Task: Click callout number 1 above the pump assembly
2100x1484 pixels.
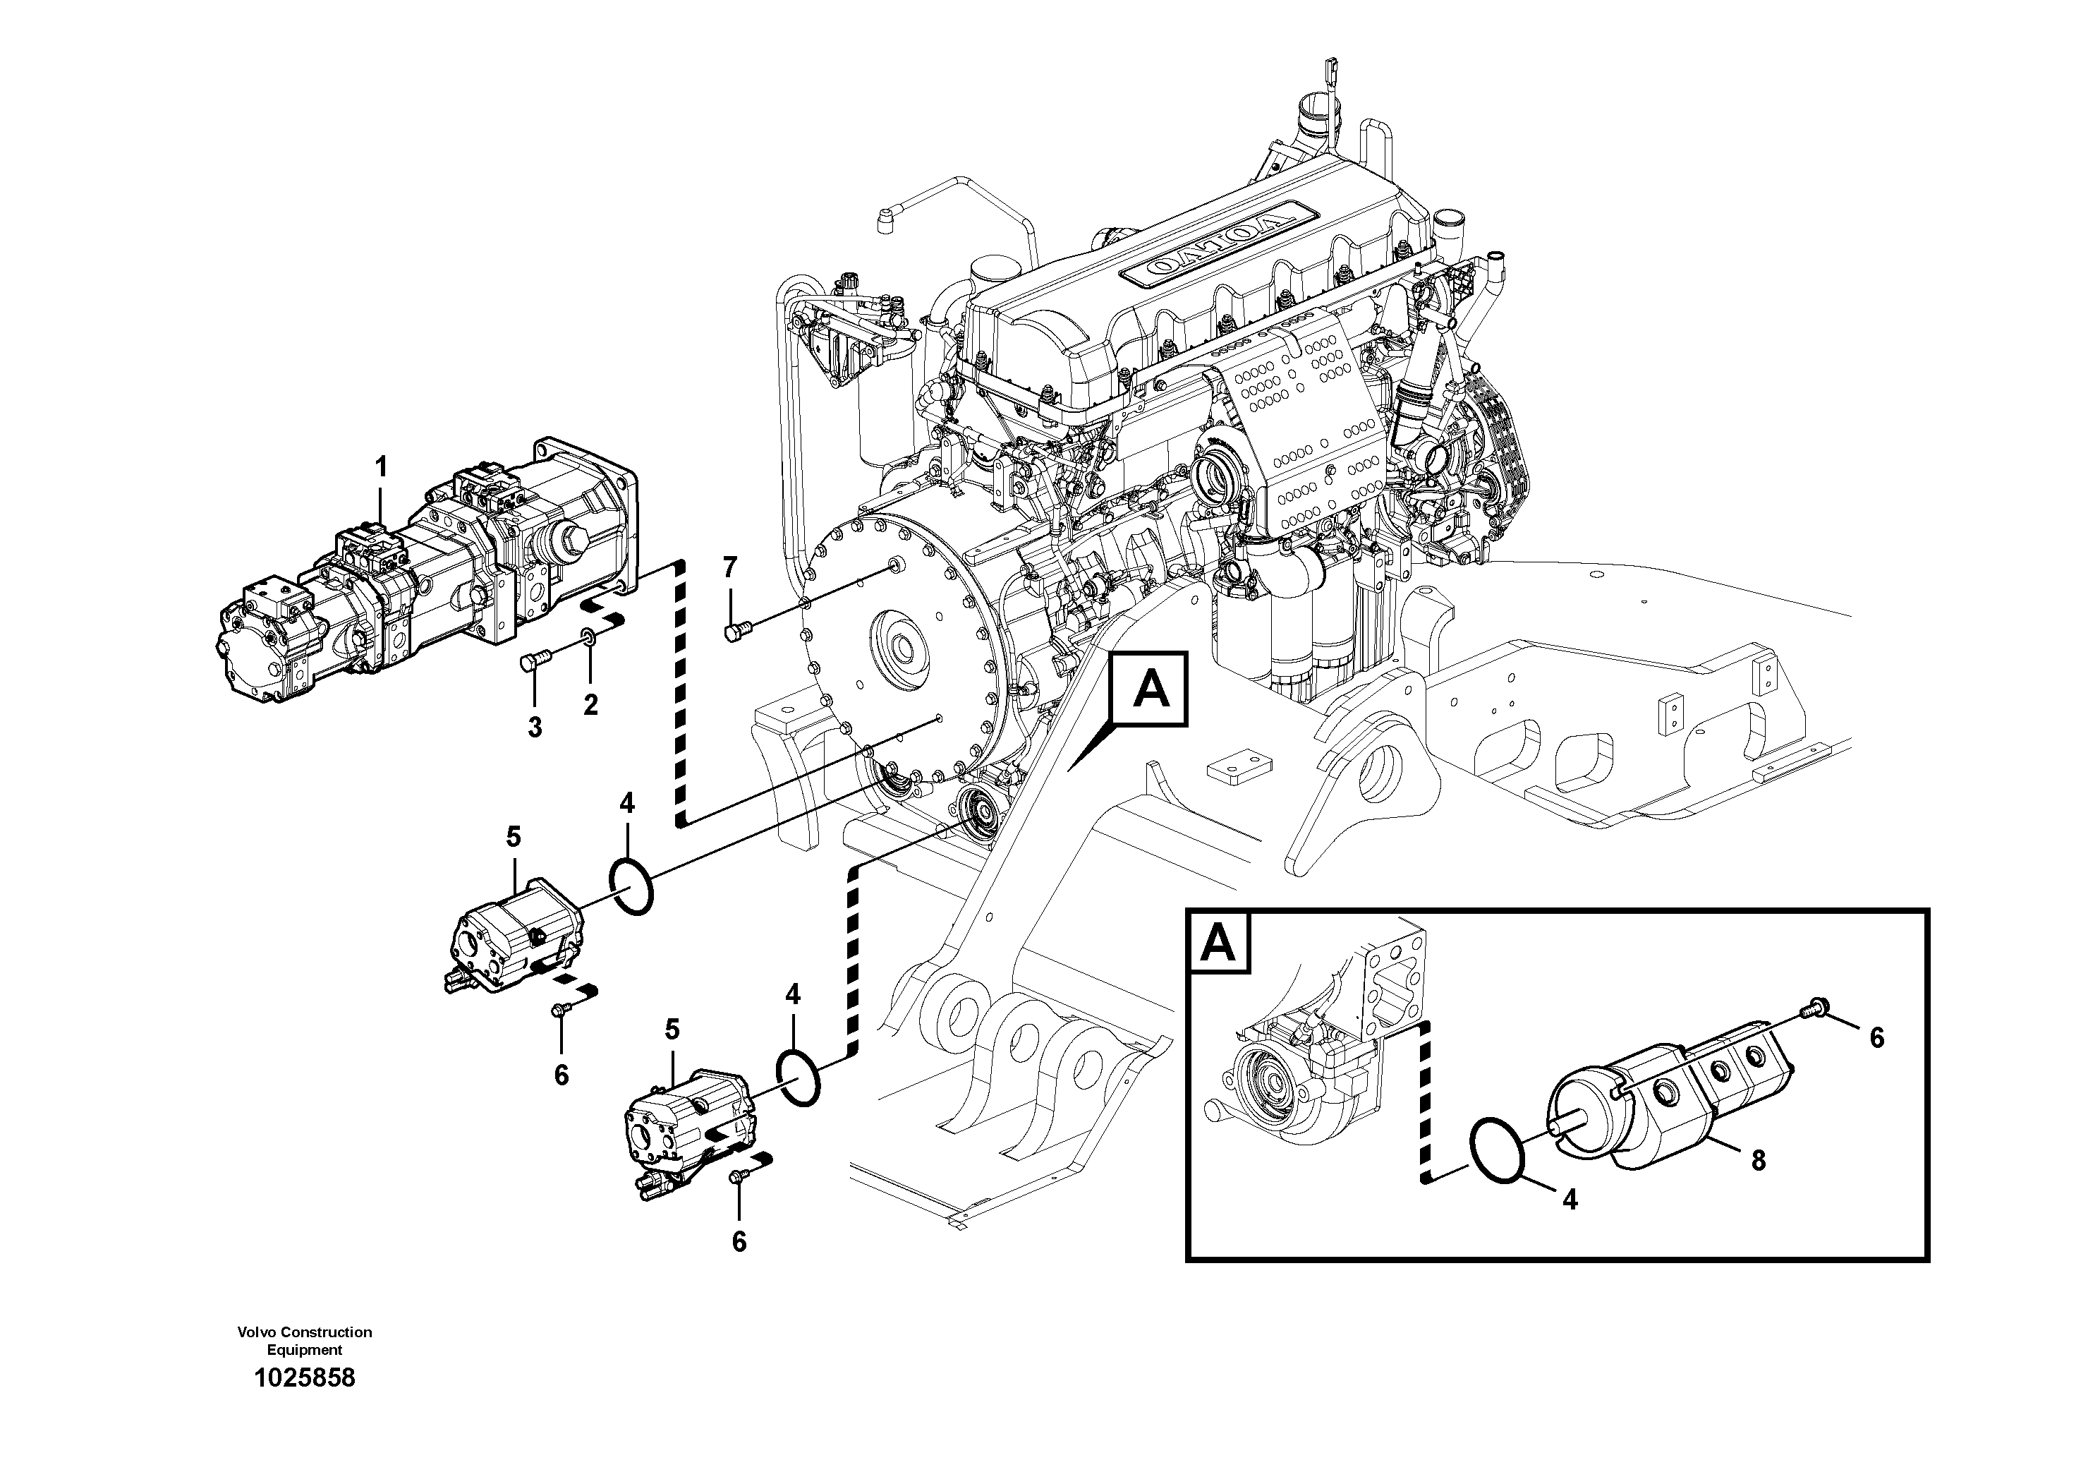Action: [x=382, y=468]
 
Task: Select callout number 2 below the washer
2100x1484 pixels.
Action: [x=591, y=704]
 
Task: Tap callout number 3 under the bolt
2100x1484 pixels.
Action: [x=535, y=728]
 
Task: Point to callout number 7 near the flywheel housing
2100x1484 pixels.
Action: [x=729, y=568]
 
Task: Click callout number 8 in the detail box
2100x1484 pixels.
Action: [x=1758, y=1161]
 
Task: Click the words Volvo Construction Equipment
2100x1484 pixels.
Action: [x=305, y=1340]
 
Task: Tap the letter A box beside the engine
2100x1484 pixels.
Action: [x=1150, y=689]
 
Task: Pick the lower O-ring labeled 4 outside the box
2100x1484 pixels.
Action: [x=799, y=1078]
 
